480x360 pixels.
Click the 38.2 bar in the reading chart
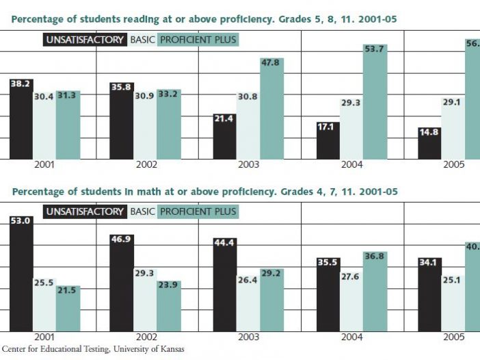pyautogui.click(x=21, y=120)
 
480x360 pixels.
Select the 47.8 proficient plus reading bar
pyautogui.click(x=271, y=110)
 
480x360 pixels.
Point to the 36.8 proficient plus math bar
pyautogui.click(x=373, y=292)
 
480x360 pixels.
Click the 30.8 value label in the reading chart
pyautogui.click(x=248, y=96)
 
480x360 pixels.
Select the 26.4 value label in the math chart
pyautogui.click(x=248, y=279)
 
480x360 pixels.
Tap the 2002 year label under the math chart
pyautogui.click(x=147, y=337)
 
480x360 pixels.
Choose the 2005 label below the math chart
pyautogui.click(x=453, y=337)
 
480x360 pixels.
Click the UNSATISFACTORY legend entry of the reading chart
pyautogui.click(x=85, y=40)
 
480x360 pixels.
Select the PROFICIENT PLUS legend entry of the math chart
pyautogui.click(x=198, y=211)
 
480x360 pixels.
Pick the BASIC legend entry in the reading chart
pyautogui.click(x=142, y=40)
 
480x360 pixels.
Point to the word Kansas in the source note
pyautogui.click(x=170, y=349)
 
